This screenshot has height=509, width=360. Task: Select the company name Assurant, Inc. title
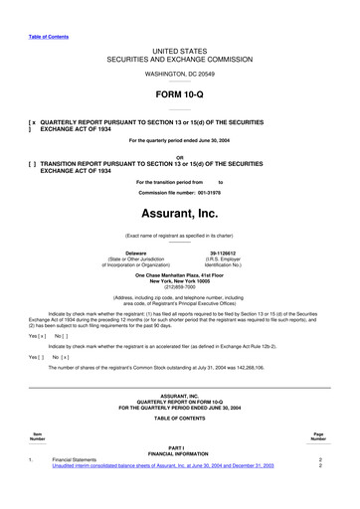pyautogui.click(x=179, y=214)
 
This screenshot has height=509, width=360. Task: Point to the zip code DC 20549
pyautogui.click(x=194, y=75)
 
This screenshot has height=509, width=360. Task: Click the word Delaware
pyautogui.click(x=142, y=254)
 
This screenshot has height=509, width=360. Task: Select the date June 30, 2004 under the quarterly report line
pyautogui.click(x=207, y=140)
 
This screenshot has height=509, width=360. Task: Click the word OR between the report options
pyautogui.click(x=179, y=157)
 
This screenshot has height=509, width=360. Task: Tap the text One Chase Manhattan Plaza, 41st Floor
pyautogui.click(x=179, y=273)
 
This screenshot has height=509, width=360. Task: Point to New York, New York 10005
pyautogui.click(x=179, y=279)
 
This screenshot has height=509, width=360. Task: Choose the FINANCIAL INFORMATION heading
pyautogui.click(x=179, y=454)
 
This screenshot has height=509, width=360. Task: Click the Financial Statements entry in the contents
pyautogui.click(x=75, y=460)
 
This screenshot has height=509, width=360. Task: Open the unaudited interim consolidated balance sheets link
pyautogui.click(x=163, y=466)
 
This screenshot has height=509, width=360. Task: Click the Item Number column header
pyautogui.click(x=38, y=436)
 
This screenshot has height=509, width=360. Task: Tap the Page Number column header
pyautogui.click(x=318, y=436)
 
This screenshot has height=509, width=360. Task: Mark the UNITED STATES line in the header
pyautogui.click(x=179, y=49)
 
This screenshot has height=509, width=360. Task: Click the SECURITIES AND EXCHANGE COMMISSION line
pyautogui.click(x=179, y=58)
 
